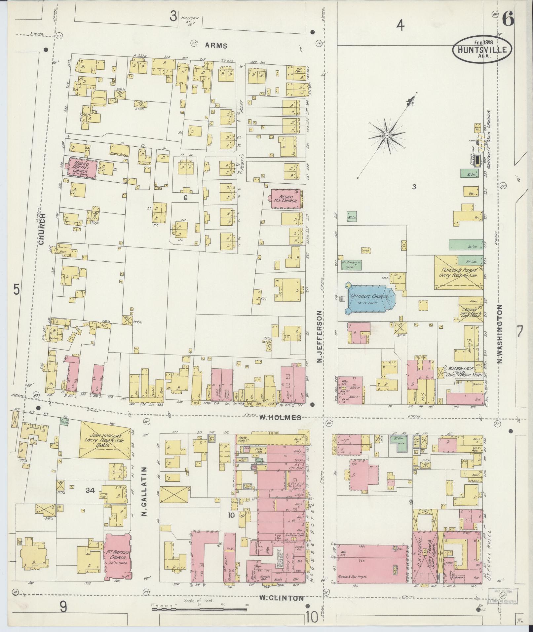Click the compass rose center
tap(387, 135)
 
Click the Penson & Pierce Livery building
tap(458, 272)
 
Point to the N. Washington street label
tap(501, 334)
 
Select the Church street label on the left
tap(41, 229)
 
